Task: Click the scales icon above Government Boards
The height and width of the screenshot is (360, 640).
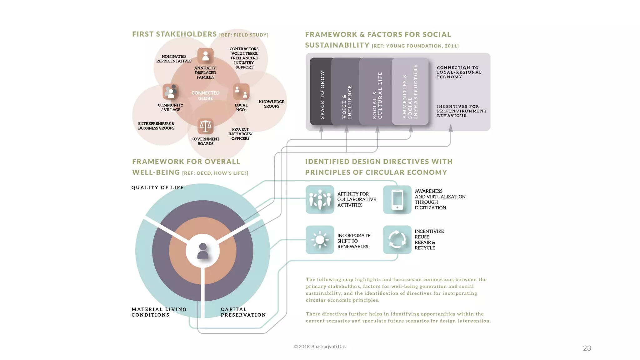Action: click(x=205, y=127)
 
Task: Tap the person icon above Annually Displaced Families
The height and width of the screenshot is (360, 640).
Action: click(x=205, y=56)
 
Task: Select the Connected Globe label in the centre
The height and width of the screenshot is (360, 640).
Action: click(x=205, y=96)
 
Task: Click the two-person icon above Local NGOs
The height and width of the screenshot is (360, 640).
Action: click(x=241, y=92)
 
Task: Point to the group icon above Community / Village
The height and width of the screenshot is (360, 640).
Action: click(x=170, y=92)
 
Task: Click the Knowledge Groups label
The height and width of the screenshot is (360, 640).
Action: click(x=271, y=104)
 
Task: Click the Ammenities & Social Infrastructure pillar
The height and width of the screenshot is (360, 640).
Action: click(x=410, y=91)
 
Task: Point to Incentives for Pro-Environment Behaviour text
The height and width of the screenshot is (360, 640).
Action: click(x=462, y=111)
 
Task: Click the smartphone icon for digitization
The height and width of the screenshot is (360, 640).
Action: click(x=397, y=200)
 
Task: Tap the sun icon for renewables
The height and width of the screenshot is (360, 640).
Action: click(x=320, y=240)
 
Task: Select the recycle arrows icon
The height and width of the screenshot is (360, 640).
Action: click(x=397, y=240)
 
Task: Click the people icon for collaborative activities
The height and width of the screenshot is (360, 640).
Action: click(x=320, y=200)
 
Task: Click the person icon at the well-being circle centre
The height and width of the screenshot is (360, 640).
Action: click(x=203, y=251)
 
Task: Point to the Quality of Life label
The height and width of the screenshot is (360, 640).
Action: click(x=157, y=187)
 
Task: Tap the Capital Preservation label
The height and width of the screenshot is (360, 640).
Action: click(x=243, y=312)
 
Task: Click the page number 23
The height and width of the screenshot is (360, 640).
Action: click(x=587, y=348)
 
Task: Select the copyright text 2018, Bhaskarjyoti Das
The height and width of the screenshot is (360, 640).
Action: click(x=320, y=347)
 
